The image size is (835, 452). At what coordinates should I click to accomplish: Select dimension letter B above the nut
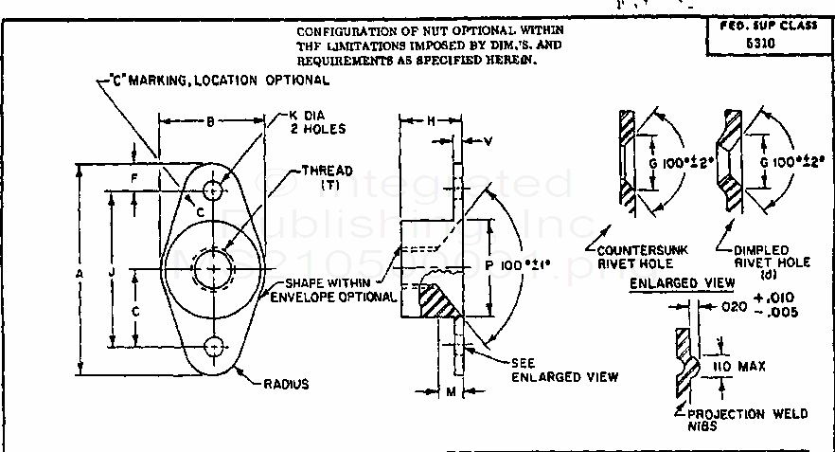point(209,120)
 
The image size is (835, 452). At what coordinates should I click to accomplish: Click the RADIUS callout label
point(286,385)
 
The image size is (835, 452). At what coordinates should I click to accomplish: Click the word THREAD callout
point(326,171)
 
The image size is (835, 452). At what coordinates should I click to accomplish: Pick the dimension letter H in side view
point(431,122)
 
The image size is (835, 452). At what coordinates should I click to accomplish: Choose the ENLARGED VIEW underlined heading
point(669,284)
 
